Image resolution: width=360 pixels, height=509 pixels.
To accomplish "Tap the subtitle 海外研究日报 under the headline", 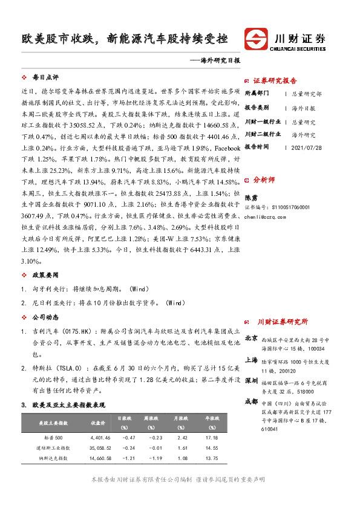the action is click(x=211, y=61).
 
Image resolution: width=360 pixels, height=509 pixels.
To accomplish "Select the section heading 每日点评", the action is click(x=45, y=78).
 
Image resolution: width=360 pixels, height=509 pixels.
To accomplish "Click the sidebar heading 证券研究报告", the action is click(x=275, y=80).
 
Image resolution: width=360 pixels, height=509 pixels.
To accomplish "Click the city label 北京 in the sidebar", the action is click(x=250, y=338).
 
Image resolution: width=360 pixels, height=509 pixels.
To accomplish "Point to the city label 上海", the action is click(x=250, y=359).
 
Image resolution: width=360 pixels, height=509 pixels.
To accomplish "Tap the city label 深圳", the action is click(x=250, y=381).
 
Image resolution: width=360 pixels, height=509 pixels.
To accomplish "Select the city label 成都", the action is click(x=250, y=401).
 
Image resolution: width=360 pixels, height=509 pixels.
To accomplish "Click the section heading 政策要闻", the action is click(x=45, y=274).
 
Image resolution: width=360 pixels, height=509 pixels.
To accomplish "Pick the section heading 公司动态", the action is click(x=45, y=317).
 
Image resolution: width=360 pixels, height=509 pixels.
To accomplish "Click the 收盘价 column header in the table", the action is click(x=99, y=423).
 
